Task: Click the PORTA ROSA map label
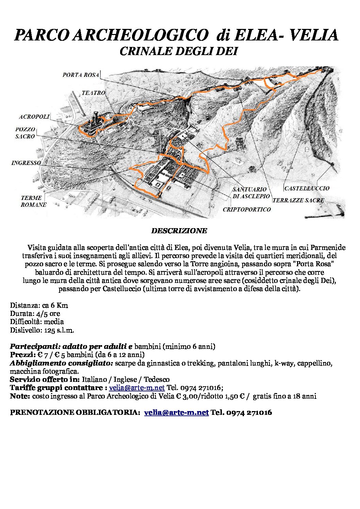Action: (x=81, y=75)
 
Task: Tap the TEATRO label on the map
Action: (x=93, y=93)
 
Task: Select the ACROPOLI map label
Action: (x=34, y=117)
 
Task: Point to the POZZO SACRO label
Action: (x=25, y=133)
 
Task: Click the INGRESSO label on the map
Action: (x=26, y=163)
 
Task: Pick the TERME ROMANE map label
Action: (x=33, y=201)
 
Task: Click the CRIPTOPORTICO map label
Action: (x=247, y=209)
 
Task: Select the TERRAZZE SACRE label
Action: (x=298, y=200)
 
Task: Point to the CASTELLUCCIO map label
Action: (x=307, y=188)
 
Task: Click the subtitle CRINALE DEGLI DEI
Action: (x=178, y=51)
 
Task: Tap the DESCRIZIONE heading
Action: (x=179, y=231)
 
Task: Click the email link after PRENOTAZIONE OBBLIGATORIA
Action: (x=176, y=412)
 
